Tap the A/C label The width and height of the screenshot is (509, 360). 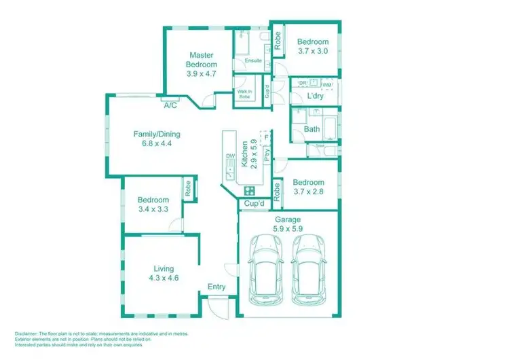(x=170, y=105)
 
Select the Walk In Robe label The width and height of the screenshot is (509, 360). (x=244, y=94)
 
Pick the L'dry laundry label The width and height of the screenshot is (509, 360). (x=314, y=96)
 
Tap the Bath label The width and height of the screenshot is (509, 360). (x=312, y=129)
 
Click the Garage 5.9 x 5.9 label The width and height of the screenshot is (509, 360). (x=288, y=224)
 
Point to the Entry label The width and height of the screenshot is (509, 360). (x=216, y=287)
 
